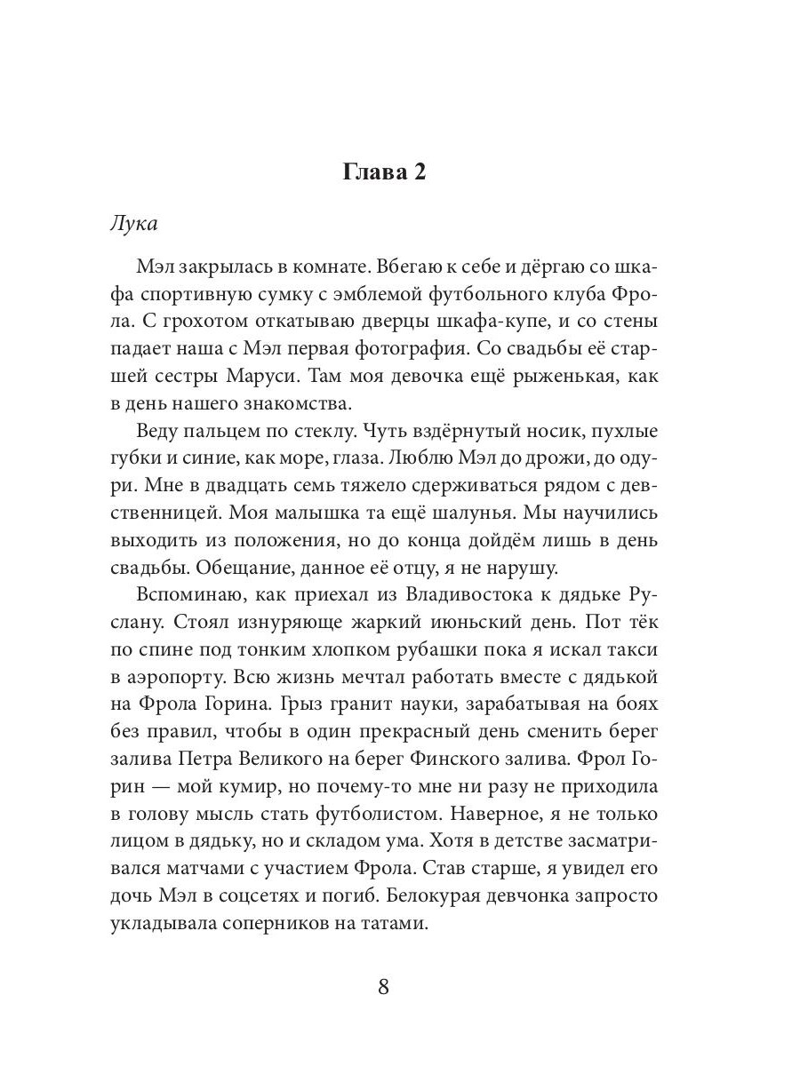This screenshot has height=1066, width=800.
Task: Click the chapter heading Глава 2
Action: pos(384,171)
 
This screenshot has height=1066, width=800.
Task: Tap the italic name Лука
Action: pos(133,223)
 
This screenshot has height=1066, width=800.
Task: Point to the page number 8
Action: pos(384,987)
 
